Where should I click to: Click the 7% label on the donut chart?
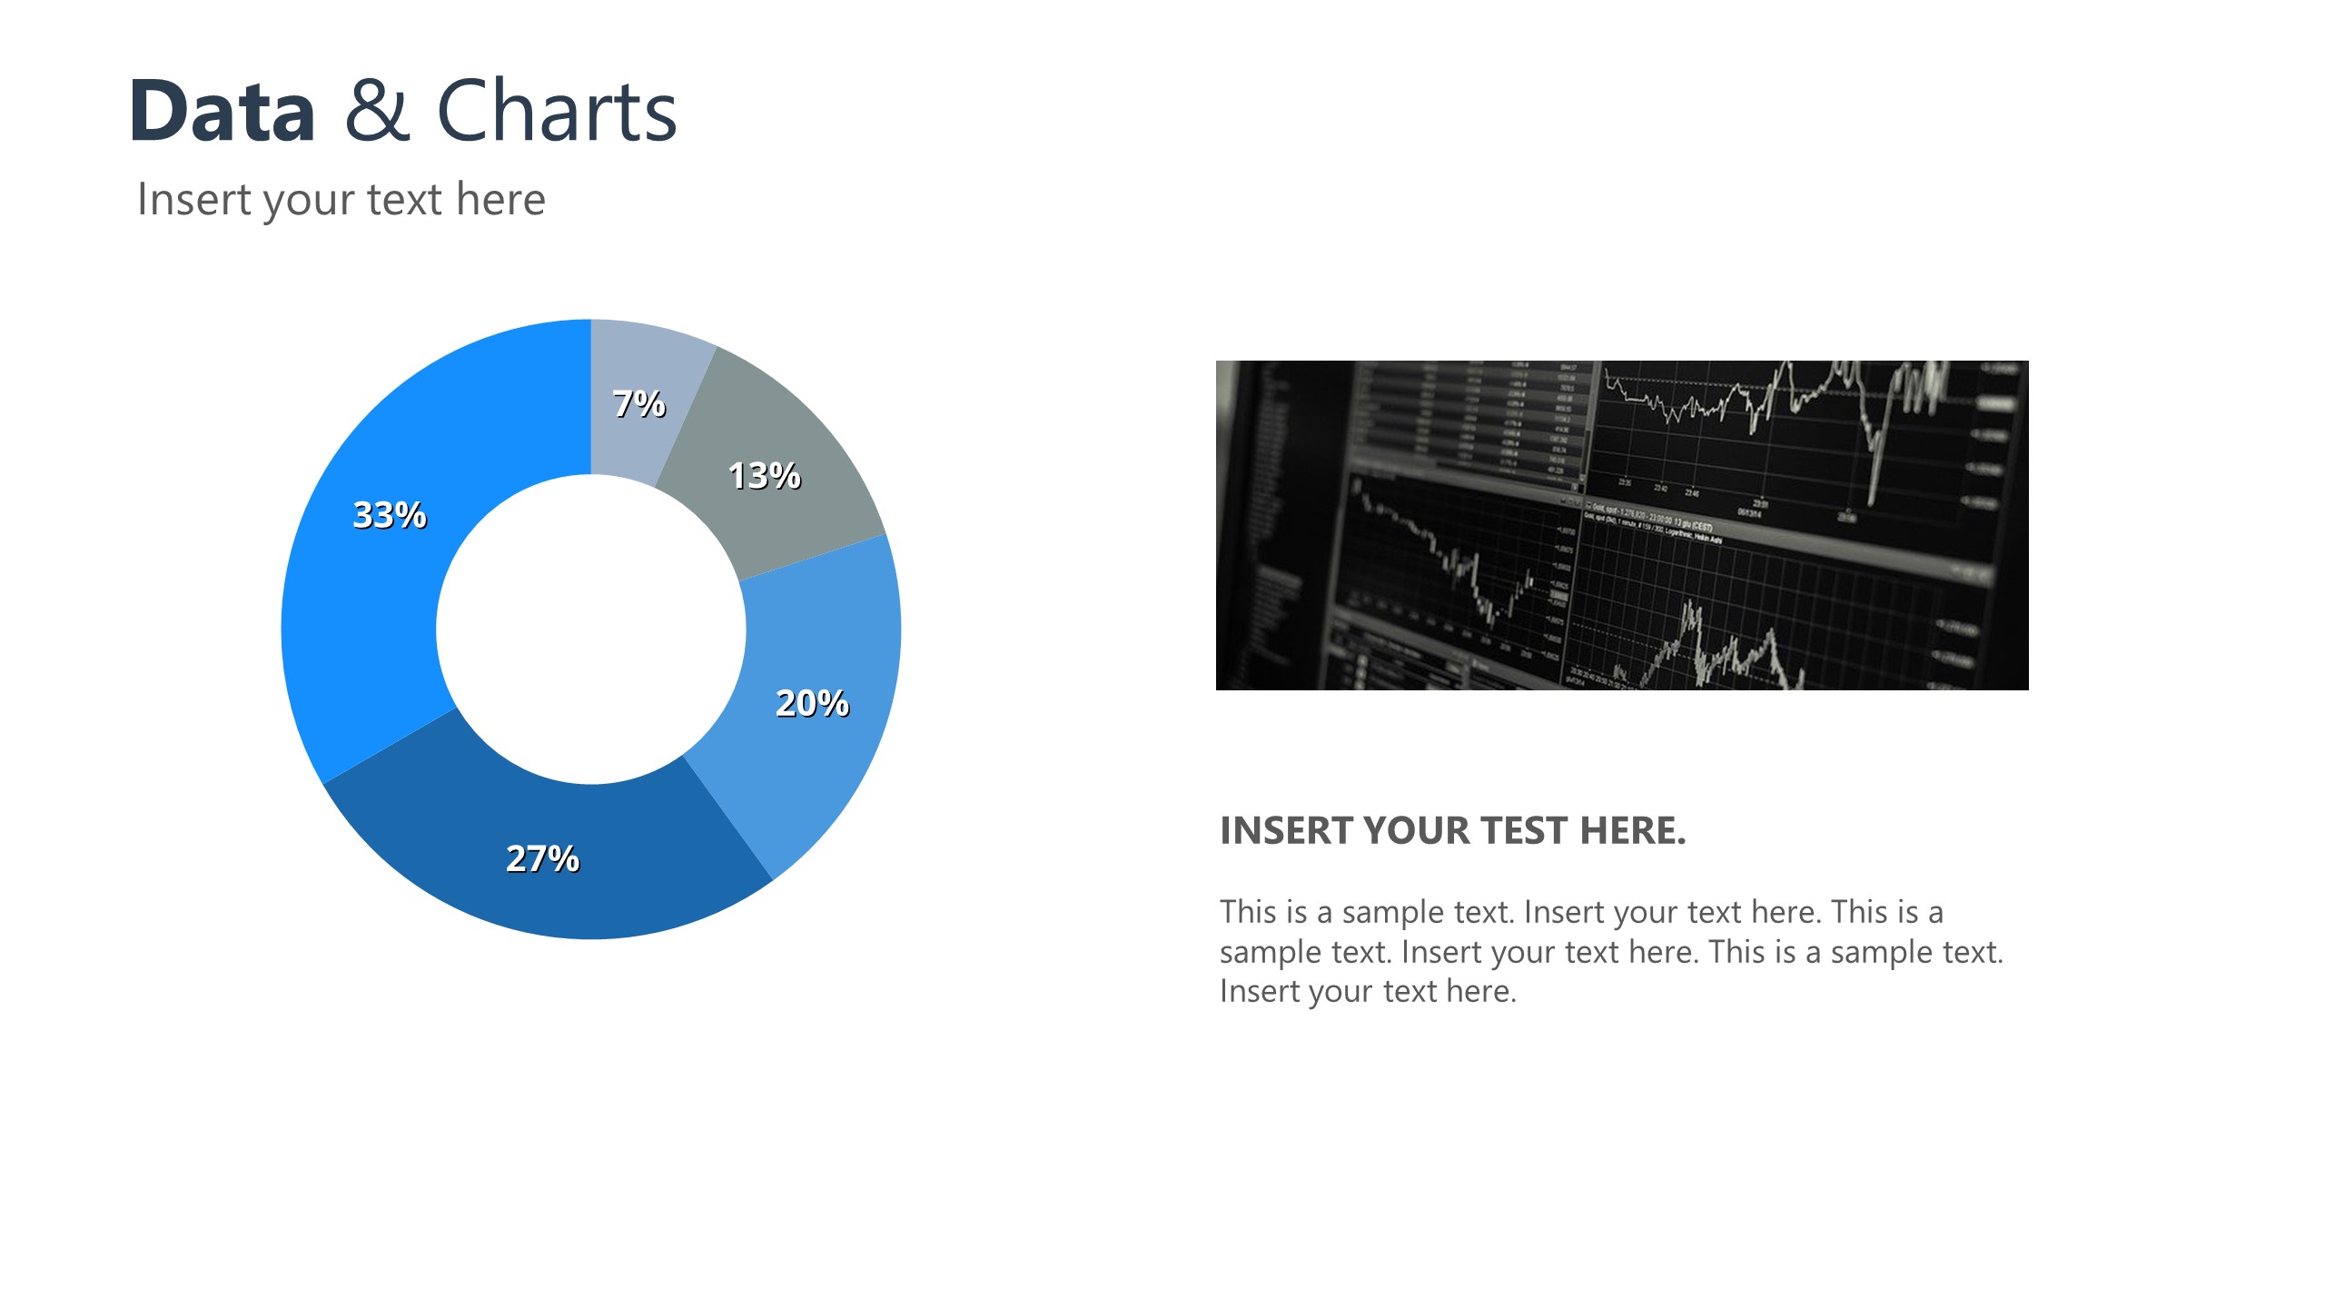(638, 403)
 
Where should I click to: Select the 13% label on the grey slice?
(764, 476)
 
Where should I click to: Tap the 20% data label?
(812, 703)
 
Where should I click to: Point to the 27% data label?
(542, 858)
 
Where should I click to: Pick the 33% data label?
(389, 515)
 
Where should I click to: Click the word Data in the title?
(223, 112)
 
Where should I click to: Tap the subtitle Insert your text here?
(341, 200)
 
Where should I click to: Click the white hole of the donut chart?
(590, 629)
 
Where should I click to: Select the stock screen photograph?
(1621, 525)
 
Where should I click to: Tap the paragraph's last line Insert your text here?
(1367, 991)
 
